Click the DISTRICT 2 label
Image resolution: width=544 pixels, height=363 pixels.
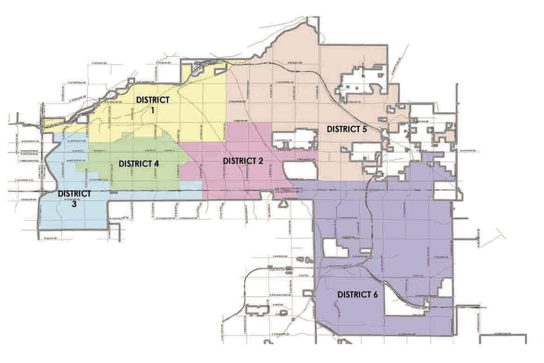pyautogui.click(x=243, y=161)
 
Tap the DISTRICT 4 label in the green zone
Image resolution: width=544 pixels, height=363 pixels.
pyautogui.click(x=139, y=164)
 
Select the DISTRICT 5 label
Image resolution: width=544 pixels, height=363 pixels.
pyautogui.click(x=346, y=128)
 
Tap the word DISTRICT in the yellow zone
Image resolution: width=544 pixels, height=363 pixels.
pyautogui.click(x=152, y=100)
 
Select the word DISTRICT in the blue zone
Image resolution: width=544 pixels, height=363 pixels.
pyautogui.click(x=74, y=193)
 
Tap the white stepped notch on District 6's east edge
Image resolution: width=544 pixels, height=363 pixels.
pyautogui.click(x=445, y=285)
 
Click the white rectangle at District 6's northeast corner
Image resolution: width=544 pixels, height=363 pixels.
pyautogui.click(x=445, y=190)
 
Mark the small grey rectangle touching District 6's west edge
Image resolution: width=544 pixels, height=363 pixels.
pyautogui.click(x=307, y=293)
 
